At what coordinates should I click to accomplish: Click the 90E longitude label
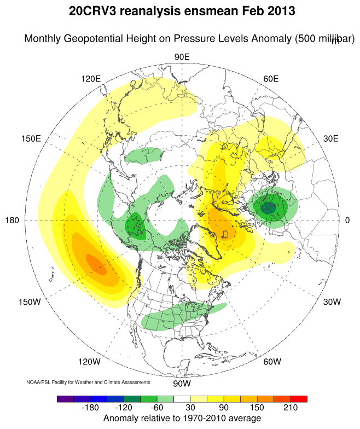182,57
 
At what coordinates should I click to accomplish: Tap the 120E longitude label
91,78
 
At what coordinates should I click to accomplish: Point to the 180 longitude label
12,221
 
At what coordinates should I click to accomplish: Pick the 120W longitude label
89,362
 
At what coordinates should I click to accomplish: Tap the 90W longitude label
181,384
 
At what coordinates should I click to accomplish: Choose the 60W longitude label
272,362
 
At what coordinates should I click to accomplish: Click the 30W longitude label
332,302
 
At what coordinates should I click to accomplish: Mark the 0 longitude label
347,221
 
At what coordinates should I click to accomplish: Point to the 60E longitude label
271,78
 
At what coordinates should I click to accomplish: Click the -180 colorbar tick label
89,408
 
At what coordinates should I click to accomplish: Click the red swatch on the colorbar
299,398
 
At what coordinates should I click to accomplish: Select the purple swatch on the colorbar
65,398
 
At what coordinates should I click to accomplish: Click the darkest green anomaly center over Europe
269,207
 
